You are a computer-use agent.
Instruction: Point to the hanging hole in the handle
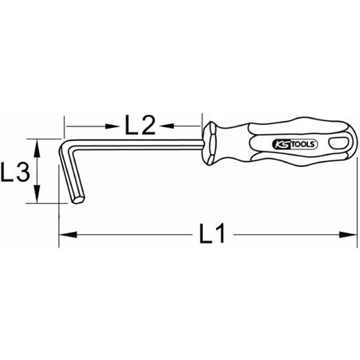[x=334, y=143]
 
